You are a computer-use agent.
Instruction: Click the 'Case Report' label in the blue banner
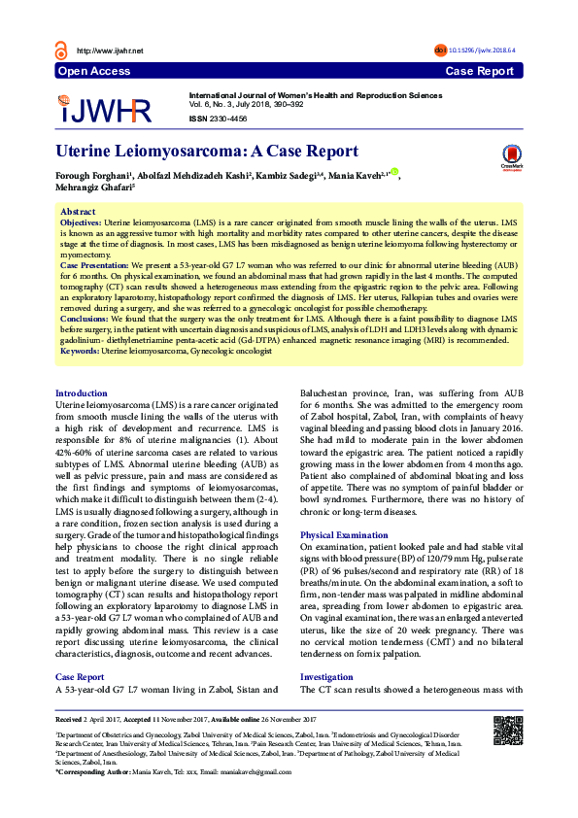479,71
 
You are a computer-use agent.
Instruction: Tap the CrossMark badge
511,156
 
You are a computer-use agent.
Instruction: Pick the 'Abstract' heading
78,211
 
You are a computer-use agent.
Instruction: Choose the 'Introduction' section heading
82,393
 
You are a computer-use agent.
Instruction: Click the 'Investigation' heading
326,676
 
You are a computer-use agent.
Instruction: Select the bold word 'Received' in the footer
70,718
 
